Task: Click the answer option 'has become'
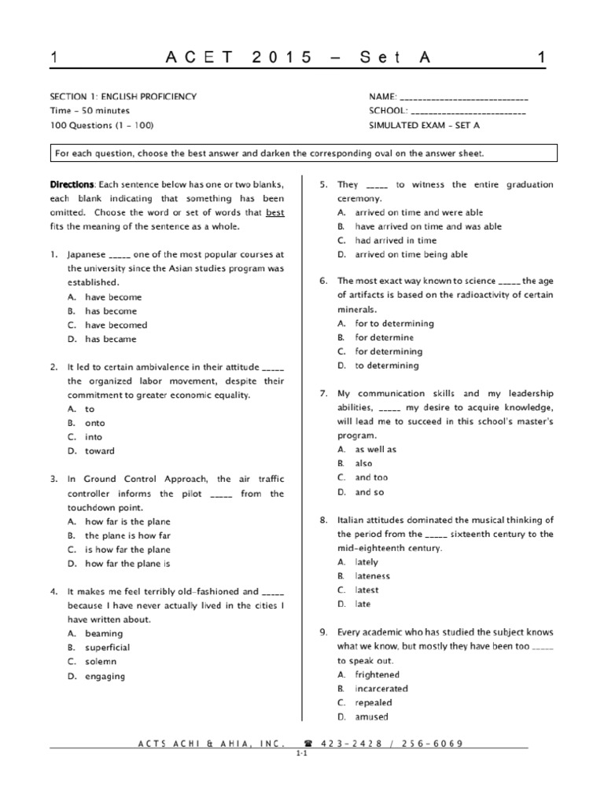coord(110,311)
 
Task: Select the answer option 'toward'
coord(100,451)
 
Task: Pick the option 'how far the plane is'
coord(127,564)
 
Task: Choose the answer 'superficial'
coord(108,648)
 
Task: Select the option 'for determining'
coord(389,352)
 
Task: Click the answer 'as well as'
coord(376,450)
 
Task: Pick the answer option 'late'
coord(363,605)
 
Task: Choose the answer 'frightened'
coord(377,675)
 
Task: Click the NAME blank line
coord(464,98)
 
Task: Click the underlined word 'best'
coord(274,213)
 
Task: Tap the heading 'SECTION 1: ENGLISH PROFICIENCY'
coord(123,97)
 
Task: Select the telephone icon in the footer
coord(307,743)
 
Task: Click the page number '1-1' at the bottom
coord(301,753)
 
